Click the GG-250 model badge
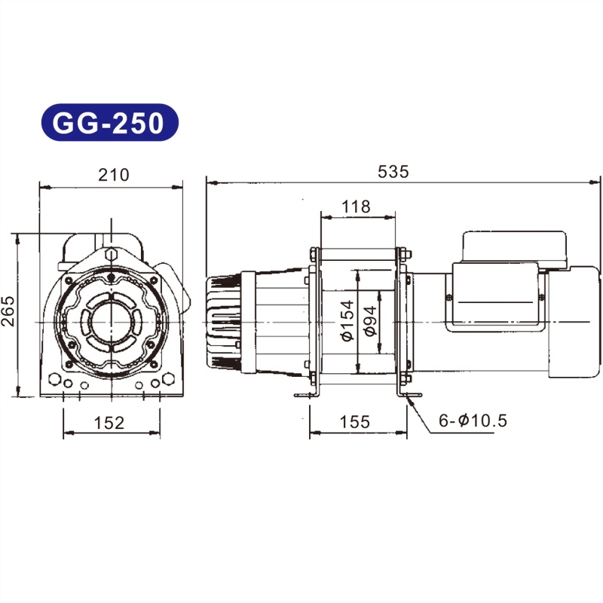pyautogui.click(x=110, y=122)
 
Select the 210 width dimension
pyautogui.click(x=114, y=175)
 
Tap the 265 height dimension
pyautogui.click(x=8, y=311)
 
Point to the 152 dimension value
pyautogui.click(x=109, y=423)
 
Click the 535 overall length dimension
pyautogui.click(x=393, y=172)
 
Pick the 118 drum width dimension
pyautogui.click(x=356, y=207)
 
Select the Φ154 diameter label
pyautogui.click(x=347, y=321)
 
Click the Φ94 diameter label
pyautogui.click(x=371, y=321)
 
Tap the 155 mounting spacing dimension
pyautogui.click(x=354, y=422)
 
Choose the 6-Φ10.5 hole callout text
pyautogui.click(x=473, y=421)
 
